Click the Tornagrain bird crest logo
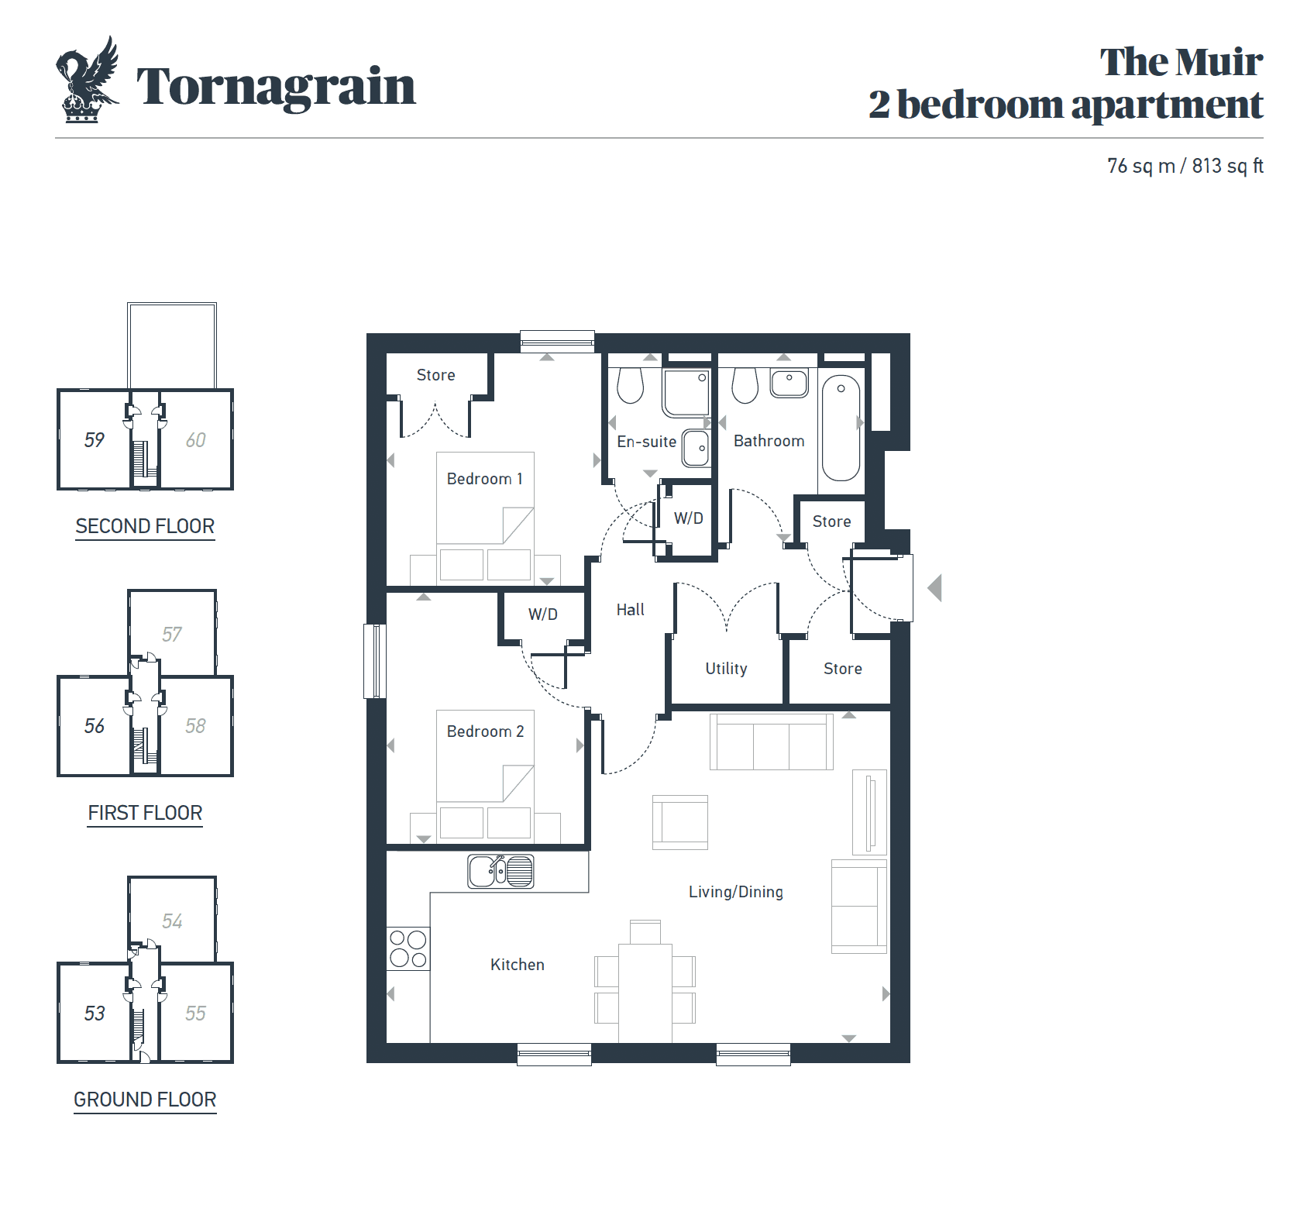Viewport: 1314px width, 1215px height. tap(88, 80)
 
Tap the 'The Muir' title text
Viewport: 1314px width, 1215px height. tap(1181, 62)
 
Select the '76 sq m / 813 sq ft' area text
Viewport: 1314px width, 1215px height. tap(1185, 166)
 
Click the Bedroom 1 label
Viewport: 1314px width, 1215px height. tap(485, 479)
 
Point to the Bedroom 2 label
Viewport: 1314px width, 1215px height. tap(485, 731)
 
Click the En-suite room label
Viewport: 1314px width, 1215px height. tap(646, 442)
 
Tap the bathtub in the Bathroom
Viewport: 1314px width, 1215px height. tap(841, 428)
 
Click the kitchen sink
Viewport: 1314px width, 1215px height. tap(500, 872)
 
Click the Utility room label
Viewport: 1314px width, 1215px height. tap(726, 669)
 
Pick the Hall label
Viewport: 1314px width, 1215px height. tap(630, 610)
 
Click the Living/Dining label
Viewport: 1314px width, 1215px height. tap(735, 892)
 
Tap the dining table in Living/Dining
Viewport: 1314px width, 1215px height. tap(645, 993)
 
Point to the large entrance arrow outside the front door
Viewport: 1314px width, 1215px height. tap(934, 588)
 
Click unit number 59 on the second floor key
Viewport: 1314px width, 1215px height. tap(95, 440)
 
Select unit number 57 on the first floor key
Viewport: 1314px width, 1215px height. tap(172, 635)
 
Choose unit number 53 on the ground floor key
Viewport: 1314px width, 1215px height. tap(95, 1014)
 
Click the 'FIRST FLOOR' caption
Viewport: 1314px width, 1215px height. tap(145, 813)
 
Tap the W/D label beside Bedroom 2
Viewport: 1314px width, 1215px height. tap(542, 614)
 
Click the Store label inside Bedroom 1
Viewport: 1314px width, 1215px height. tap(435, 375)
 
